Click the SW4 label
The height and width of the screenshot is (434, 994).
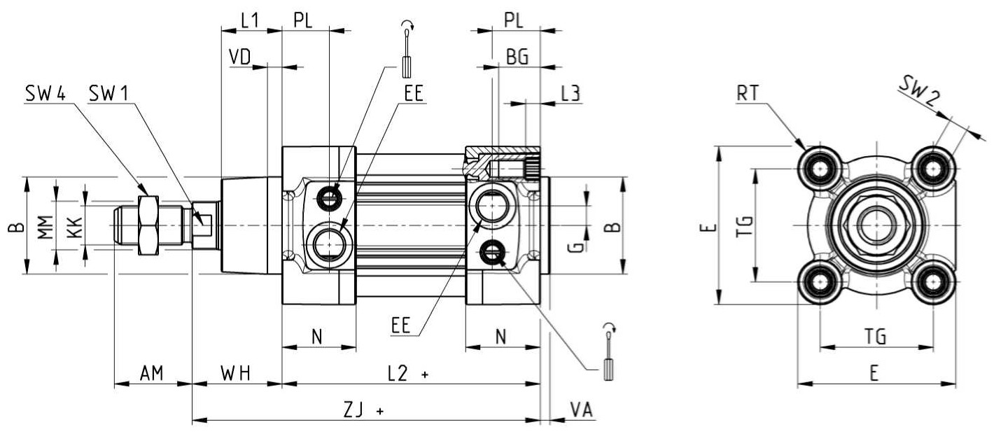pyautogui.click(x=45, y=94)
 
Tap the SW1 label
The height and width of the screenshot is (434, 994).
pyautogui.click(x=108, y=94)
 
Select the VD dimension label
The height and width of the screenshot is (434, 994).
pyautogui.click(x=240, y=57)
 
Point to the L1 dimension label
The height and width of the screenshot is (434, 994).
pyautogui.click(x=250, y=21)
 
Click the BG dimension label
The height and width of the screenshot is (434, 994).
pyautogui.click(x=517, y=57)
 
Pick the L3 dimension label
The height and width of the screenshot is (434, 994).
pyautogui.click(x=571, y=94)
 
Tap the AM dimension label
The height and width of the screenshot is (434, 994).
pyautogui.click(x=152, y=374)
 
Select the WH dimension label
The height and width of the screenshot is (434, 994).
pyautogui.click(x=236, y=374)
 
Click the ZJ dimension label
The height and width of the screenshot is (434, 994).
pyautogui.click(x=353, y=410)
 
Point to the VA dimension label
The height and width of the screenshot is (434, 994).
pyautogui.click(x=581, y=410)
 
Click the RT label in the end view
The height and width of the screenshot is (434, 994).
pyautogui.click(x=748, y=94)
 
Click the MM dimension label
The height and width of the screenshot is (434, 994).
pyautogui.click(x=45, y=227)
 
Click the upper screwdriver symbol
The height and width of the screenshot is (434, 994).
pyautogui.click(x=407, y=49)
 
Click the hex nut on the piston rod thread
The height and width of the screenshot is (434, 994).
pyautogui.click(x=148, y=225)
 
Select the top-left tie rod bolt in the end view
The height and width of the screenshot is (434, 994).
pyautogui.click(x=820, y=169)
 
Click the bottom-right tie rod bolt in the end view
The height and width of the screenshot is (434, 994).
pyautogui.click(x=933, y=282)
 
